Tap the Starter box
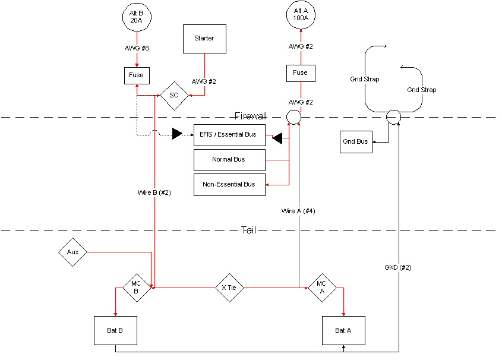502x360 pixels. pos(204,39)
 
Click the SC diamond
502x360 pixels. pos(174,95)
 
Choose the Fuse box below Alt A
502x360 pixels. pos(301,73)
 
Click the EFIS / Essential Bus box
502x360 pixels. pos(229,135)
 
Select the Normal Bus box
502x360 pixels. pos(229,160)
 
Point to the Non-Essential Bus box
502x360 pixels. pos(229,185)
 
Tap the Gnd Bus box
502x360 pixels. pos(355,142)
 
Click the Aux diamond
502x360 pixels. pos(73,252)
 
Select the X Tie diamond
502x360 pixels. pos(229,288)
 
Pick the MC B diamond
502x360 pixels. pos(136,288)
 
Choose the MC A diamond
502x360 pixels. pos(322,288)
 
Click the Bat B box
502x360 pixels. pos(115,330)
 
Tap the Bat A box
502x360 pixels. pos(343,330)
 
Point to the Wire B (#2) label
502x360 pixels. pos(154,192)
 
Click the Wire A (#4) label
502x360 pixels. pos(298,211)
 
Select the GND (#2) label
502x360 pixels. pos(398,267)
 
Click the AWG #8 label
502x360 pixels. pos(138,48)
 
